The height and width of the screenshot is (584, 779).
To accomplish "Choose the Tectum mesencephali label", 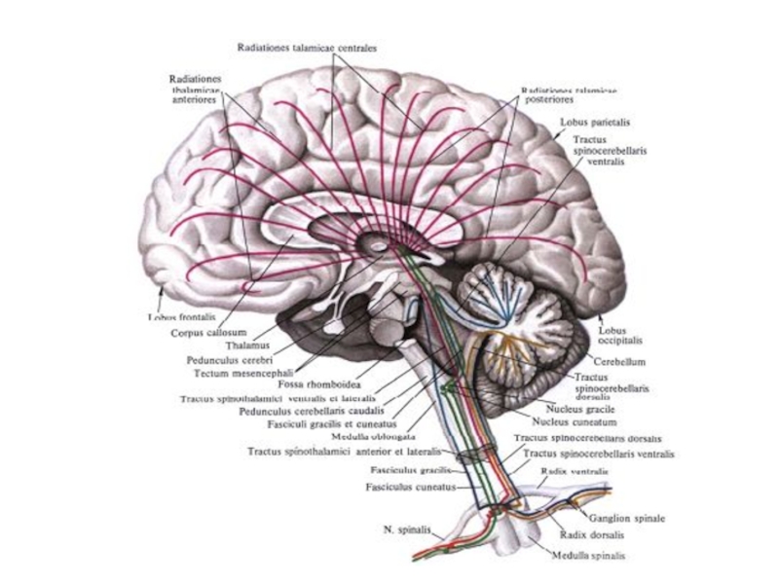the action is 234,371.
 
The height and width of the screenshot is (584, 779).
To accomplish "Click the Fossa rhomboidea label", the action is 309,384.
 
